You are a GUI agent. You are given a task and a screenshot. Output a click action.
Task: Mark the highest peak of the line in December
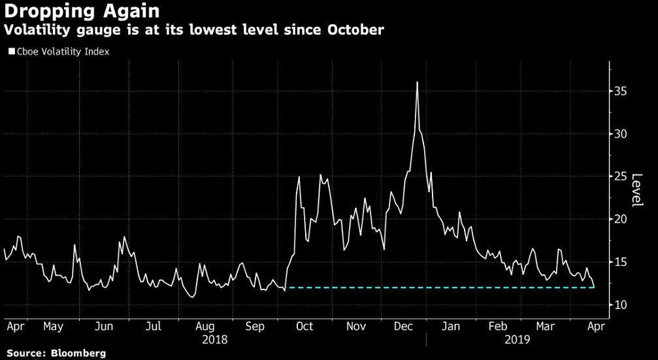click(417, 82)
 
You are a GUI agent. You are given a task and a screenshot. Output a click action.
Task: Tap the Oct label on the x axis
click(305, 326)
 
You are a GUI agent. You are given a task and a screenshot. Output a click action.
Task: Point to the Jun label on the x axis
click(104, 326)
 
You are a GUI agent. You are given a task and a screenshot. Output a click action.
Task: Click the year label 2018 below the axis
click(214, 340)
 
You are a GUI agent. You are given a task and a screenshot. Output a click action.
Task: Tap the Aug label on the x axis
click(205, 326)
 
